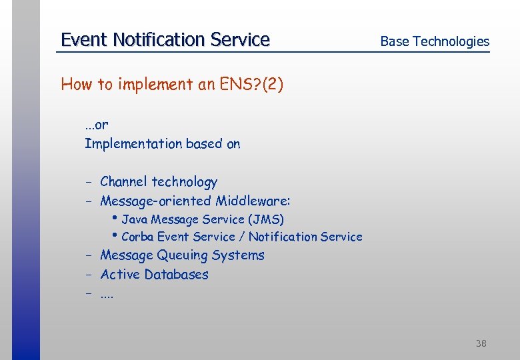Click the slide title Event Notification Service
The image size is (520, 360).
click(165, 40)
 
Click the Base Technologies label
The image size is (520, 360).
click(434, 41)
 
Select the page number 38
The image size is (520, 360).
click(481, 343)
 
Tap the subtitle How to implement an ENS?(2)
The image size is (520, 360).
click(172, 85)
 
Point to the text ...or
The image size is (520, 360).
click(96, 125)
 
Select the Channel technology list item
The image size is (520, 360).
click(159, 182)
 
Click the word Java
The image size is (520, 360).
click(135, 219)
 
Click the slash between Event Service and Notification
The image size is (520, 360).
click(242, 237)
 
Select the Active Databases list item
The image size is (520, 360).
click(154, 275)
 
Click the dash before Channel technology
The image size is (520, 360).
click(88, 183)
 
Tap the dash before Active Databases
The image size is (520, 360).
click(88, 275)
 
